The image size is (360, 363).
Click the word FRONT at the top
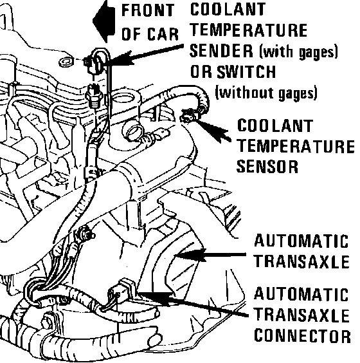coord(148,10)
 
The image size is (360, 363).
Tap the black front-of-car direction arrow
coord(105,21)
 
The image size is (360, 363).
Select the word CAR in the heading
coord(163,34)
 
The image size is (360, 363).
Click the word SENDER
coord(221,51)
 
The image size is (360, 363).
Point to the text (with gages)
coord(298,51)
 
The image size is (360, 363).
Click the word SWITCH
coord(246,71)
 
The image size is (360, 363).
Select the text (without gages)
coord(266,93)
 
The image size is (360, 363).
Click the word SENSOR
coord(267,167)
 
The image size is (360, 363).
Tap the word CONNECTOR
coord(302,336)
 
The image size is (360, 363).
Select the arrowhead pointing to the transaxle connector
coord(155,298)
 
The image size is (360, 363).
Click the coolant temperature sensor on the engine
coord(190,115)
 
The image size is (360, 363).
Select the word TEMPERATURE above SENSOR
coord(296,146)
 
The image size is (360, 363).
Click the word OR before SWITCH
coord(201,71)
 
